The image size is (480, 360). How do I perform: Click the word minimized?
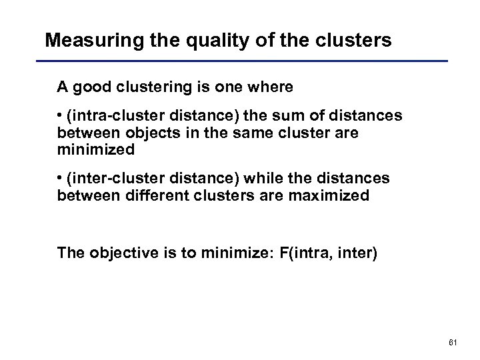point(96,149)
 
